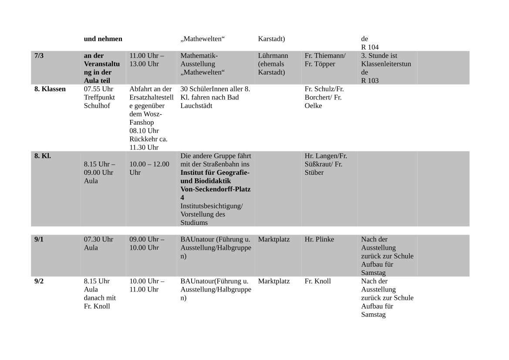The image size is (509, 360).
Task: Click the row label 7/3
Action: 39,56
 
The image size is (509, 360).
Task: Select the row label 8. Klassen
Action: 50,89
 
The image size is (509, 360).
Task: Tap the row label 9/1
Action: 39,239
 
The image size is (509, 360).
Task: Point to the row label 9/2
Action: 39,281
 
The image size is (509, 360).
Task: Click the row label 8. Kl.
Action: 43,156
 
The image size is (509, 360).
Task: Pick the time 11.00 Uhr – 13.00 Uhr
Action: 147,60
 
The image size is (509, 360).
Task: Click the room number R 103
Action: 370,81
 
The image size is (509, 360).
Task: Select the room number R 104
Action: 370,47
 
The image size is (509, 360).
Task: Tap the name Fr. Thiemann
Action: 325,56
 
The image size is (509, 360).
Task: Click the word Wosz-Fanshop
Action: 145,118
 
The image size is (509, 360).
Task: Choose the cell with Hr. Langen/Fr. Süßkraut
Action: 326,164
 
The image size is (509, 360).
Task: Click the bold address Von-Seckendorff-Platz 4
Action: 215,193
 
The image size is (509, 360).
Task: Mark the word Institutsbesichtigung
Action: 212,206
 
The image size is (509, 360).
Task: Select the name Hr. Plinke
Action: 319,239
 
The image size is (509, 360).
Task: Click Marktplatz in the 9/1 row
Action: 273,239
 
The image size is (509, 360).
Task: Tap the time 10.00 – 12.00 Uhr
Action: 149,168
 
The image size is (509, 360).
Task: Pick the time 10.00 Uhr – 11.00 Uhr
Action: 147,285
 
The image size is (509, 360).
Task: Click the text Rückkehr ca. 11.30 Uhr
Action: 148,143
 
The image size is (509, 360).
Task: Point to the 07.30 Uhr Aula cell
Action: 98,243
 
